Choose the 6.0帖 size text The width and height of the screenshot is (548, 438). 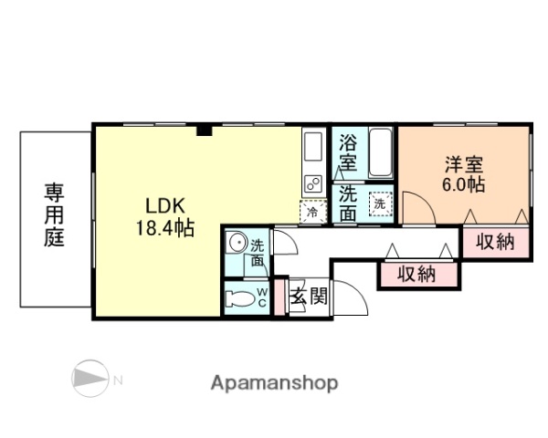click(x=464, y=184)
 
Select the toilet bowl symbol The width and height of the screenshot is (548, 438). click(x=241, y=297)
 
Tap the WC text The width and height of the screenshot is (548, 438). click(x=261, y=297)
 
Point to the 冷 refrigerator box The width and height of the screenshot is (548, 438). click(x=311, y=211)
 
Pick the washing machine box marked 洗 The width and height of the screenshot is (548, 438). click(x=378, y=204)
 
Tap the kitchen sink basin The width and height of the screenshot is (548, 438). click(x=312, y=146)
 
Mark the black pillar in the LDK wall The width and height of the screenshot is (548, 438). click(x=205, y=130)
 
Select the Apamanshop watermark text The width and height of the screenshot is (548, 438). click(x=274, y=382)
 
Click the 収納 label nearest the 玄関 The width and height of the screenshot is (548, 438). click(x=416, y=274)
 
